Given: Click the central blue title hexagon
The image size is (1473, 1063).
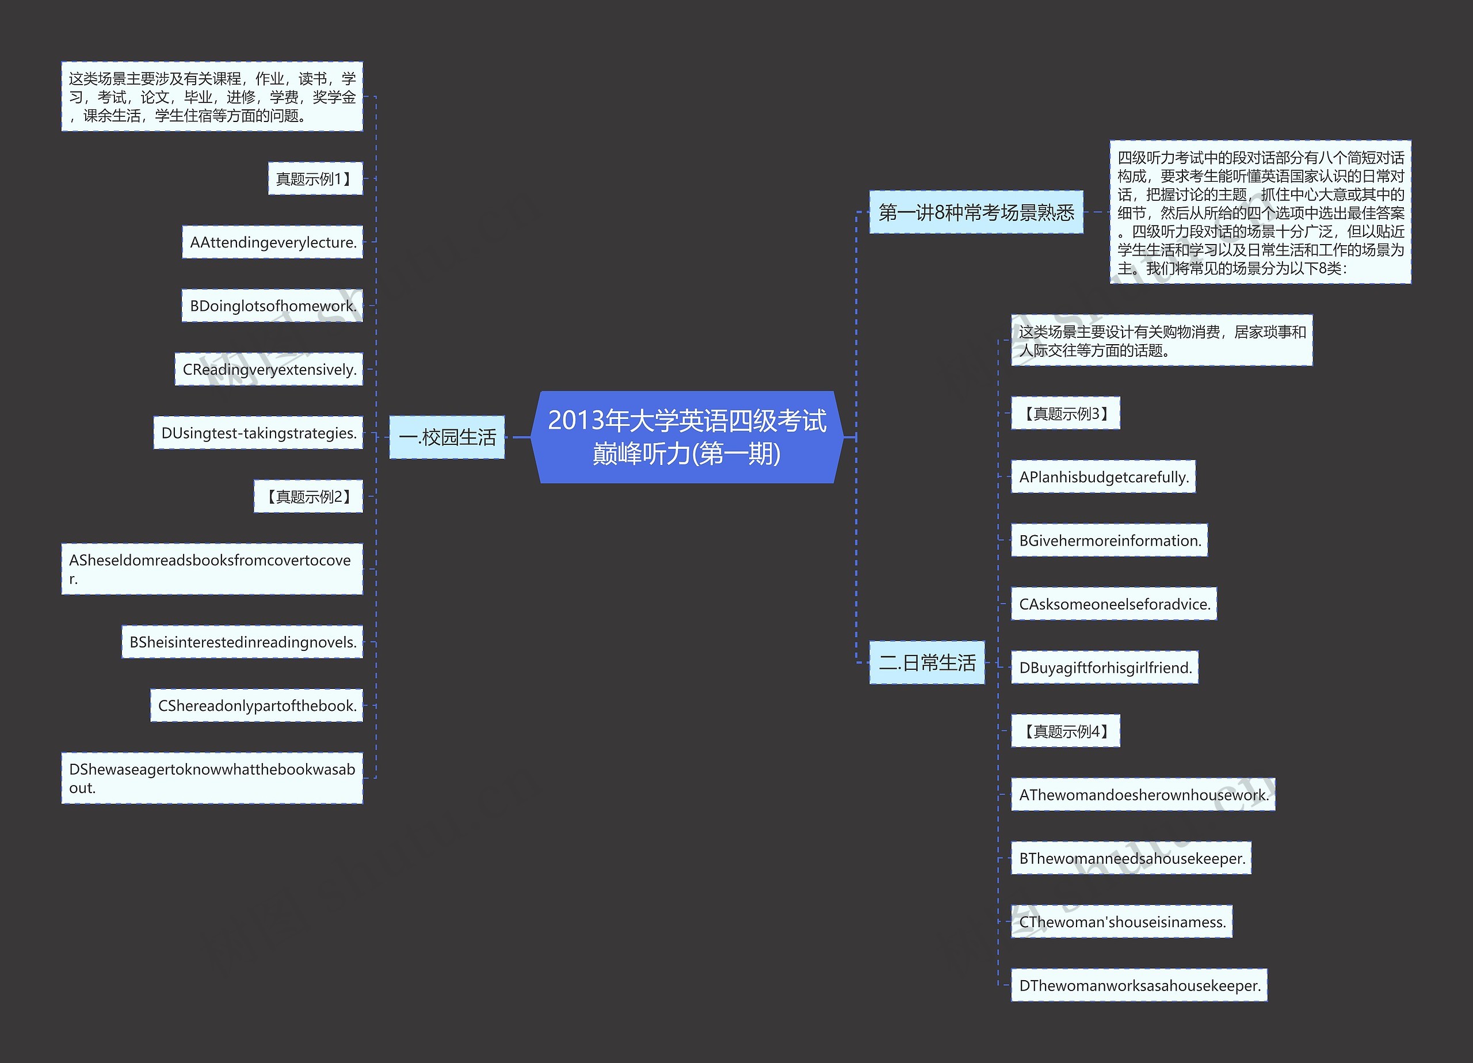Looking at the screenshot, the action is point(687,437).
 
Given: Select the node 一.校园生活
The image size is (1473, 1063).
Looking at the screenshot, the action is point(447,437).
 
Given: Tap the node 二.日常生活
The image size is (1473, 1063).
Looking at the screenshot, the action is point(927,663).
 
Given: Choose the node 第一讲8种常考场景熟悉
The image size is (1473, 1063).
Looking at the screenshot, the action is point(976,212).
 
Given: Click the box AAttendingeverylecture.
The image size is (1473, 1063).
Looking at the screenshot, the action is point(272,242).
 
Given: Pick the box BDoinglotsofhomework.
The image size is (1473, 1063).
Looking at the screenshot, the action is point(272,306).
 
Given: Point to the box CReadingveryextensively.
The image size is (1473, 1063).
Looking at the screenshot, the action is point(269,369).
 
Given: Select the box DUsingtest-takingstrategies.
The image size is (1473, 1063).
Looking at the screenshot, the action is point(258,433).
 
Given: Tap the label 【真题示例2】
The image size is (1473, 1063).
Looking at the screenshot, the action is point(308,497).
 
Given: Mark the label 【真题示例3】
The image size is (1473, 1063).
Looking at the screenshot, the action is point(1065,413).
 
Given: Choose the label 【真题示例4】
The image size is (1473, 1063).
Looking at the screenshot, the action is point(1065,731).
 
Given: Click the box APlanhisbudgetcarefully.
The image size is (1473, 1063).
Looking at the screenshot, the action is point(1103,477).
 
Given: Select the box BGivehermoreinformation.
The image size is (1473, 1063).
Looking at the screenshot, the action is point(1109,540).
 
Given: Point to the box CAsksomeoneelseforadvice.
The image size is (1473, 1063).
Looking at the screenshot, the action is point(1114,604).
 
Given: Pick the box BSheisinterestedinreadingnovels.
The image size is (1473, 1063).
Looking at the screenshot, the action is point(242,642).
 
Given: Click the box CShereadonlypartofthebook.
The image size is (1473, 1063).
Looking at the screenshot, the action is point(257,706).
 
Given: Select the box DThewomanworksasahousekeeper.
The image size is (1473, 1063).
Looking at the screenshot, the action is point(1139,985).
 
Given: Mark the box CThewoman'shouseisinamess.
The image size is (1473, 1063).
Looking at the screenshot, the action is point(1121,921).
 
